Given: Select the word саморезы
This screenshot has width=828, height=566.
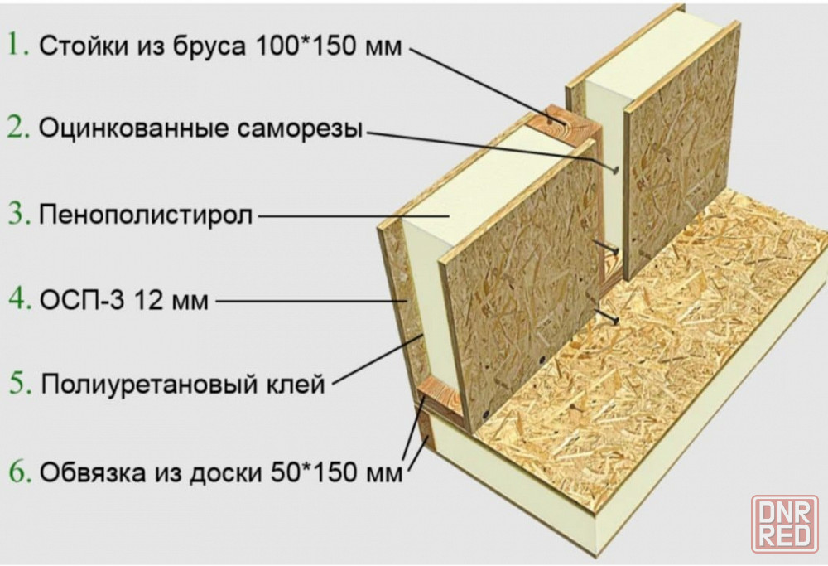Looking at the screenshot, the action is tap(300, 129).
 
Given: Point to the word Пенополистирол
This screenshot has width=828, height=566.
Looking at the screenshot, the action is tap(146, 215).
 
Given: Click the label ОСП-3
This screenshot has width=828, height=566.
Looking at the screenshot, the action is tap(82, 300).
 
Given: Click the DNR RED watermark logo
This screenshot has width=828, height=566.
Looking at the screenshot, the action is tap(785, 523).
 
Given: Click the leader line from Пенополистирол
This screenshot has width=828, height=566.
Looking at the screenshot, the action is tap(354, 215).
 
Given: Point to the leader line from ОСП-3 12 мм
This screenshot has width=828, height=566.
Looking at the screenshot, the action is tap(310, 302).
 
